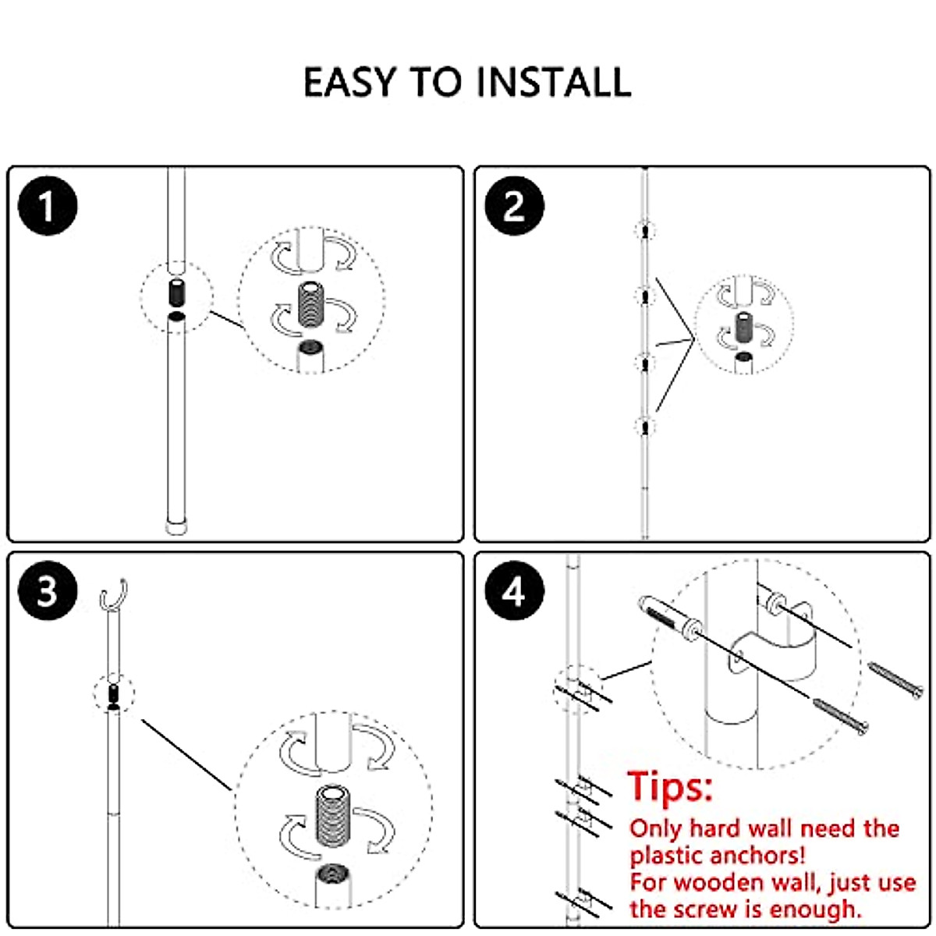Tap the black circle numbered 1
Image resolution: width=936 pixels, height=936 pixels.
pos(48,207)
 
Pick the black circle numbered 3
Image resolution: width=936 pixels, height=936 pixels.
pos(48,592)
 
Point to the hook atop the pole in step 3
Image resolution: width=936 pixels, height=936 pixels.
pos(114,596)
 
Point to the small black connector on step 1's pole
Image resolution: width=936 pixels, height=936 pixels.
pos(176,294)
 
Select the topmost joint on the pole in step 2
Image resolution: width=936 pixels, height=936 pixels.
pos(645,231)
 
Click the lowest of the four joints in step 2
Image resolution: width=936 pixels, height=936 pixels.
pos(645,427)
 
